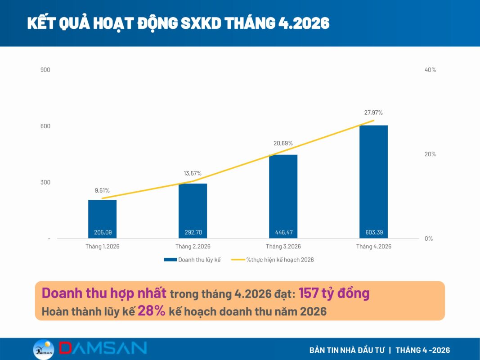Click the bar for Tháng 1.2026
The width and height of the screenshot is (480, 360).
coord(102,219)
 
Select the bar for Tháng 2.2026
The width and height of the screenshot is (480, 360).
coord(193,211)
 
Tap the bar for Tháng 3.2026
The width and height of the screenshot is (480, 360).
coord(283,197)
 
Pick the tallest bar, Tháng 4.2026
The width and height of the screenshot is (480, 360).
coord(373,182)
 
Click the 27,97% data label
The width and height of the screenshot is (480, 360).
coord(373,112)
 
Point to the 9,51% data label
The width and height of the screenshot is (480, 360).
coord(102,190)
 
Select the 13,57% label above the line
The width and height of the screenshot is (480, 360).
coord(193,173)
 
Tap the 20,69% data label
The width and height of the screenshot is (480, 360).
coord(283,143)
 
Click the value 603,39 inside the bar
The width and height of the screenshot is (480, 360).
coord(374,232)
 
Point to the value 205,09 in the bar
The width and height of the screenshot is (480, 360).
coord(103,232)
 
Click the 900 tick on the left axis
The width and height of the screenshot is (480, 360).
coord(45,70)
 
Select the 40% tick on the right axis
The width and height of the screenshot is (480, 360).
coord(430,70)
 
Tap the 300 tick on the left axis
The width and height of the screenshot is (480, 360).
coord(45,182)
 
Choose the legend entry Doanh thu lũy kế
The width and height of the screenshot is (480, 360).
coord(192,260)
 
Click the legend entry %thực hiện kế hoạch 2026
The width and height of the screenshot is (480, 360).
coord(273,260)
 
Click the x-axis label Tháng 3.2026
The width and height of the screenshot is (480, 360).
coord(283,247)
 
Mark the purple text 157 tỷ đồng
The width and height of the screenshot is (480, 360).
coord(334,293)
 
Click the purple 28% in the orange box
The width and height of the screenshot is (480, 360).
coord(152,310)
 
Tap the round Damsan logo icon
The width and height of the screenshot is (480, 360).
coord(44,349)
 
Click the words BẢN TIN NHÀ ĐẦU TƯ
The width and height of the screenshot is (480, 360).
coord(347,350)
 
